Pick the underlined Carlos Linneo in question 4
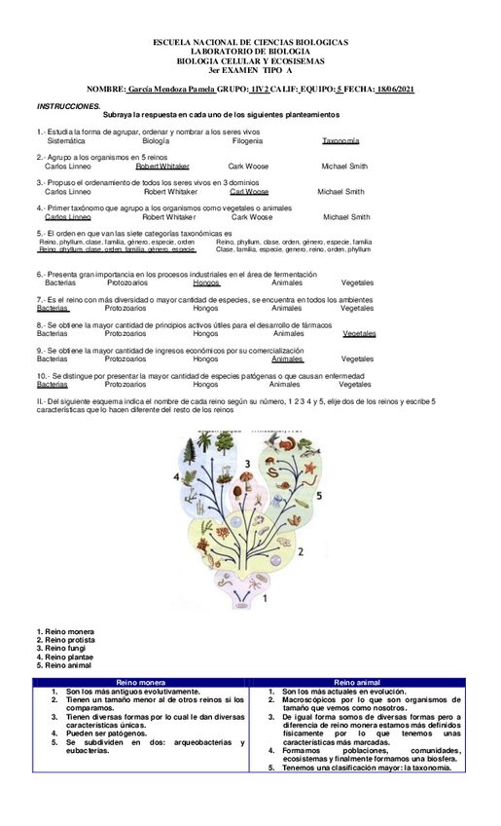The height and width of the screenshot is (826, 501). pyautogui.click(x=69, y=217)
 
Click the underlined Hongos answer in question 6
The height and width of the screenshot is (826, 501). pyautogui.click(x=206, y=282)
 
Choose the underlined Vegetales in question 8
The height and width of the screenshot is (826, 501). pyautogui.click(x=358, y=333)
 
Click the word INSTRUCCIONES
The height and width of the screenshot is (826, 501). pyautogui.click(x=69, y=105)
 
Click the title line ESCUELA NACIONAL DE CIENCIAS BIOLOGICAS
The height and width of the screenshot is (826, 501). pyautogui.click(x=251, y=45)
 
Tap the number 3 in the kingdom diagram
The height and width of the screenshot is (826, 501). pyautogui.click(x=247, y=463)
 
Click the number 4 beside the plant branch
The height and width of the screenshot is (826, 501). pyautogui.click(x=176, y=476)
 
